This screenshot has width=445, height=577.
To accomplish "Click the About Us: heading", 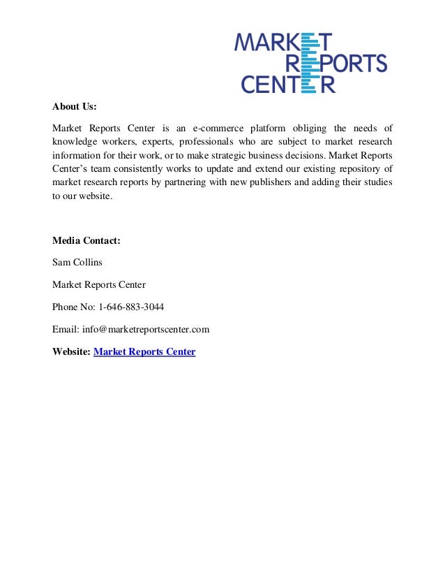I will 74,107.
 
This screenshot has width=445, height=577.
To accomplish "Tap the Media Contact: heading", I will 86,240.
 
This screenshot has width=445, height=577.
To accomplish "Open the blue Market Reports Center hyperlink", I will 144,351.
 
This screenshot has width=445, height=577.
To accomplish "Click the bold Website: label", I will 72,351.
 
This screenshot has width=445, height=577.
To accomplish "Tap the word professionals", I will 207,142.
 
